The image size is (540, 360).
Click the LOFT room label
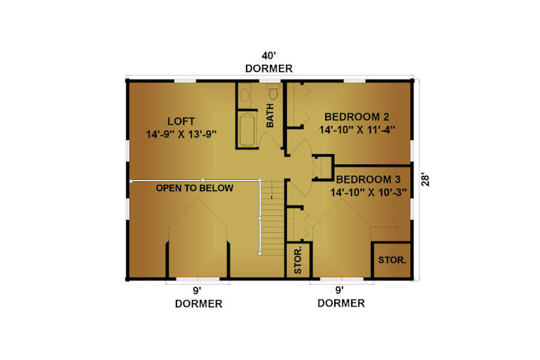coord(181,121)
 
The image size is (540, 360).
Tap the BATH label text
coord(270,115)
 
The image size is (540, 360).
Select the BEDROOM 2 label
coord(357,117)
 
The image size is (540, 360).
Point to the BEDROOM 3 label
coord(368,179)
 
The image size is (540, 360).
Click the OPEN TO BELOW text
coord(194,188)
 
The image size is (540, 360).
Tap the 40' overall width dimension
coord(269,56)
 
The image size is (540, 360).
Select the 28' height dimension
coord(425,180)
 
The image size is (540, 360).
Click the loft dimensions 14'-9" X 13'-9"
coord(181,134)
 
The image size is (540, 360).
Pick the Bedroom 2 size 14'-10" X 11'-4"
coord(357,130)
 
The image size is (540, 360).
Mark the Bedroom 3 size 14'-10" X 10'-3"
coord(368,192)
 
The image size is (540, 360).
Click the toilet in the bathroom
coord(274,91)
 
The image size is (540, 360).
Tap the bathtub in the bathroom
coord(247,130)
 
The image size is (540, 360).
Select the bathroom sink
coord(245,95)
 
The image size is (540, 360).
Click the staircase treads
coord(272,217)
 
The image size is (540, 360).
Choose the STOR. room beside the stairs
coord(298,260)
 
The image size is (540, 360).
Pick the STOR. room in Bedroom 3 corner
coord(392,260)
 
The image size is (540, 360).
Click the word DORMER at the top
coord(269,68)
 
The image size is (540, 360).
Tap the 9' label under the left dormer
coord(197,291)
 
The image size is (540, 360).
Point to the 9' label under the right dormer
coord(340,290)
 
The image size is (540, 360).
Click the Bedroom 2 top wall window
coord(355,82)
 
